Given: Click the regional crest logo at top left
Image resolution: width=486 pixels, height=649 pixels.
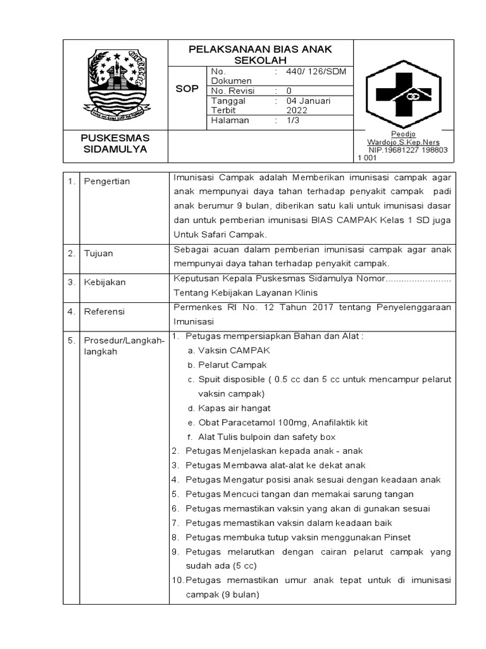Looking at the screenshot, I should (116, 85).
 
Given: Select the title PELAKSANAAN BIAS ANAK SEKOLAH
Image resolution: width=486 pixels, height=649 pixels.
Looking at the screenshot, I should (260, 54).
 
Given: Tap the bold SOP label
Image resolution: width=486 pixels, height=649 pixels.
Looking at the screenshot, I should (187, 89).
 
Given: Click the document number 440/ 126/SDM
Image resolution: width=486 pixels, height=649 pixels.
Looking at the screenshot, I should (314, 72).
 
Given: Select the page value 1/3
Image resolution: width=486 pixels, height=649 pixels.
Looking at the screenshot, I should (294, 120).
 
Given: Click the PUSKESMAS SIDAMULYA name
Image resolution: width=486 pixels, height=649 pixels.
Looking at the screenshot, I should (115, 143).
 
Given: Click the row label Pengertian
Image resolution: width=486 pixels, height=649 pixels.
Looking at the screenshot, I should (107, 181).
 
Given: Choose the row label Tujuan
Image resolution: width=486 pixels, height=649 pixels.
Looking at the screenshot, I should (99, 254).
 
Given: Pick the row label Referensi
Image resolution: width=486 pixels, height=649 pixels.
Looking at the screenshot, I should (104, 311).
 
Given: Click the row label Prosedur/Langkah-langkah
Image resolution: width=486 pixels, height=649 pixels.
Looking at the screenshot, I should (124, 346).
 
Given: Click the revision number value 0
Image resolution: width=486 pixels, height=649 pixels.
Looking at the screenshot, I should (289, 91).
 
